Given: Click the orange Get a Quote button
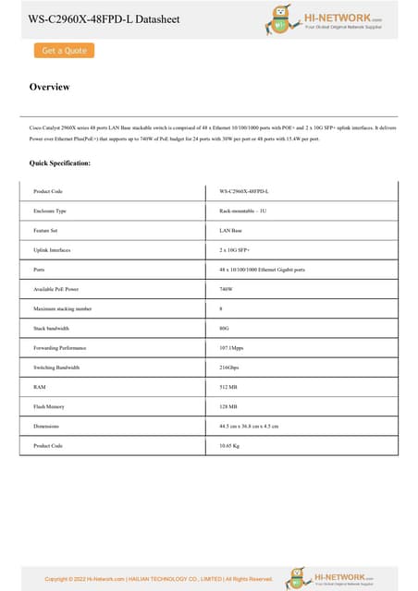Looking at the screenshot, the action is tap(64, 51).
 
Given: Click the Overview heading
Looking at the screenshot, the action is tap(50, 88).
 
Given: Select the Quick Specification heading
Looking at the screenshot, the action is tap(60, 163).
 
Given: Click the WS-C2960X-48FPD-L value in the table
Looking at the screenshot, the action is tap(244, 191).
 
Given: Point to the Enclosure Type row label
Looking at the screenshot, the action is tap(50, 211).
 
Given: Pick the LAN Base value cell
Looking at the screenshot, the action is tap(230, 230).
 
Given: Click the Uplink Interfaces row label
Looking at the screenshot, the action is tap(52, 249).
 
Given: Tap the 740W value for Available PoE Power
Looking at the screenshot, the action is tap(226, 289).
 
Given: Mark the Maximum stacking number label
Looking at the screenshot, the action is tap(62, 308).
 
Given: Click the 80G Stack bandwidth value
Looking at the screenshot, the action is tap(225, 328).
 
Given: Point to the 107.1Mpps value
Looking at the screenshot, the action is tap(231, 347).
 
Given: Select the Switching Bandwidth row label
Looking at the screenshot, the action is tap(56, 368).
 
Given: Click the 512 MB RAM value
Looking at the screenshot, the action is tap(228, 387).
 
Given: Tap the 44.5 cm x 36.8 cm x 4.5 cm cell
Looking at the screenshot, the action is tap(249, 426).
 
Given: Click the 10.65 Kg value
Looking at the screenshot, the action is tap(230, 446).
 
